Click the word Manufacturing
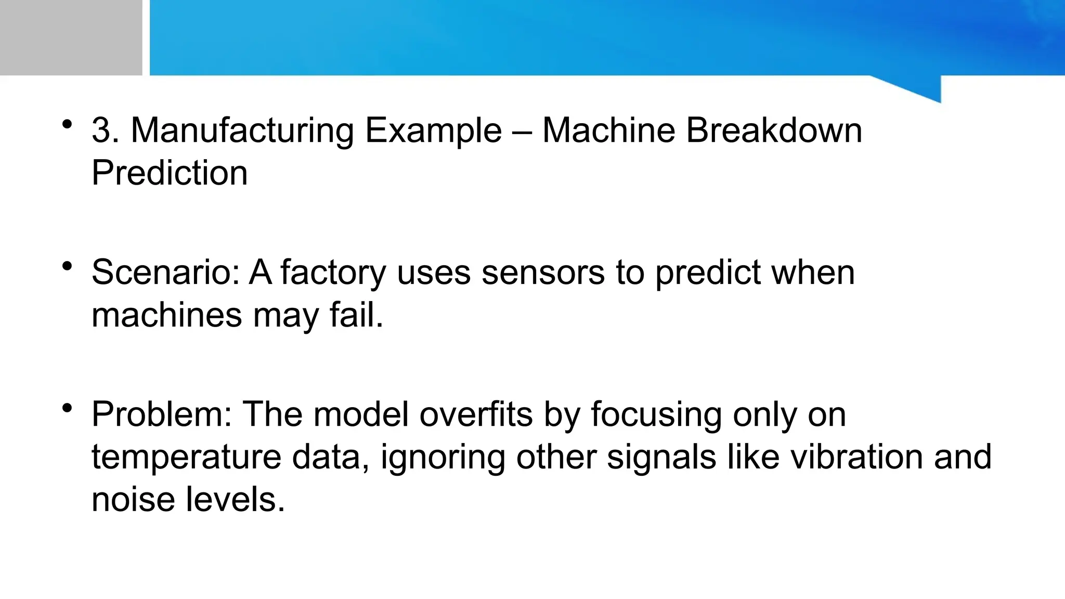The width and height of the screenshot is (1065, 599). (x=242, y=131)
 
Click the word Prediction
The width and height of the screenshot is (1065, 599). (x=170, y=173)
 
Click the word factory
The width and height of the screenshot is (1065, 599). (x=333, y=273)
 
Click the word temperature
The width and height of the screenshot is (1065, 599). (x=186, y=458)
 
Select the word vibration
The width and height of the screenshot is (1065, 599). (x=857, y=457)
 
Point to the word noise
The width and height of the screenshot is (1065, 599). (x=133, y=499)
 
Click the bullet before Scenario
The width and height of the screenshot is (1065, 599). (x=67, y=266)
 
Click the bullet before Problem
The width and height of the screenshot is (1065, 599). (x=67, y=408)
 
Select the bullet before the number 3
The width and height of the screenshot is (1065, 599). (x=67, y=124)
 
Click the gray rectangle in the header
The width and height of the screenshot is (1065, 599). (x=71, y=37)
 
